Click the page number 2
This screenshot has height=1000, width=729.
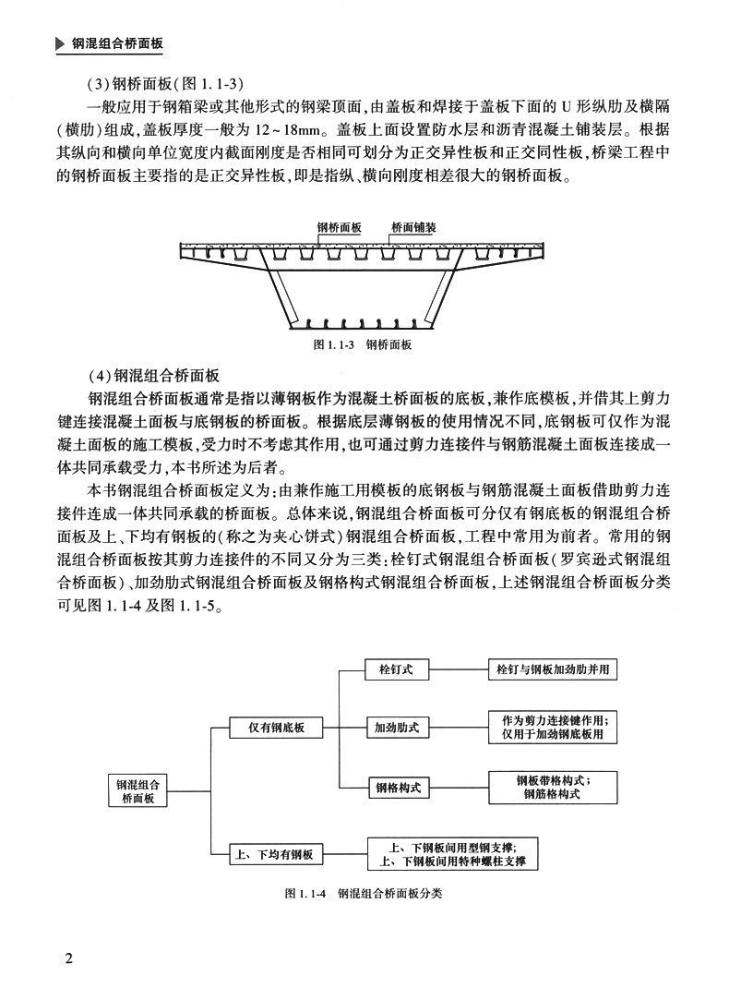pos(68,956)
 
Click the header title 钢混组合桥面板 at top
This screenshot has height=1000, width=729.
pos(117,43)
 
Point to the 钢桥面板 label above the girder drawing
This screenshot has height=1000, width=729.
pos(339,226)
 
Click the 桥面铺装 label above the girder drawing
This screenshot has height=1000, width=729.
pos(413,226)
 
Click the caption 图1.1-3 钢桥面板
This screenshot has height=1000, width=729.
pos(363,344)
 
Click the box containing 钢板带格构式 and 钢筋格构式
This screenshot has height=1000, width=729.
pos(552,787)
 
